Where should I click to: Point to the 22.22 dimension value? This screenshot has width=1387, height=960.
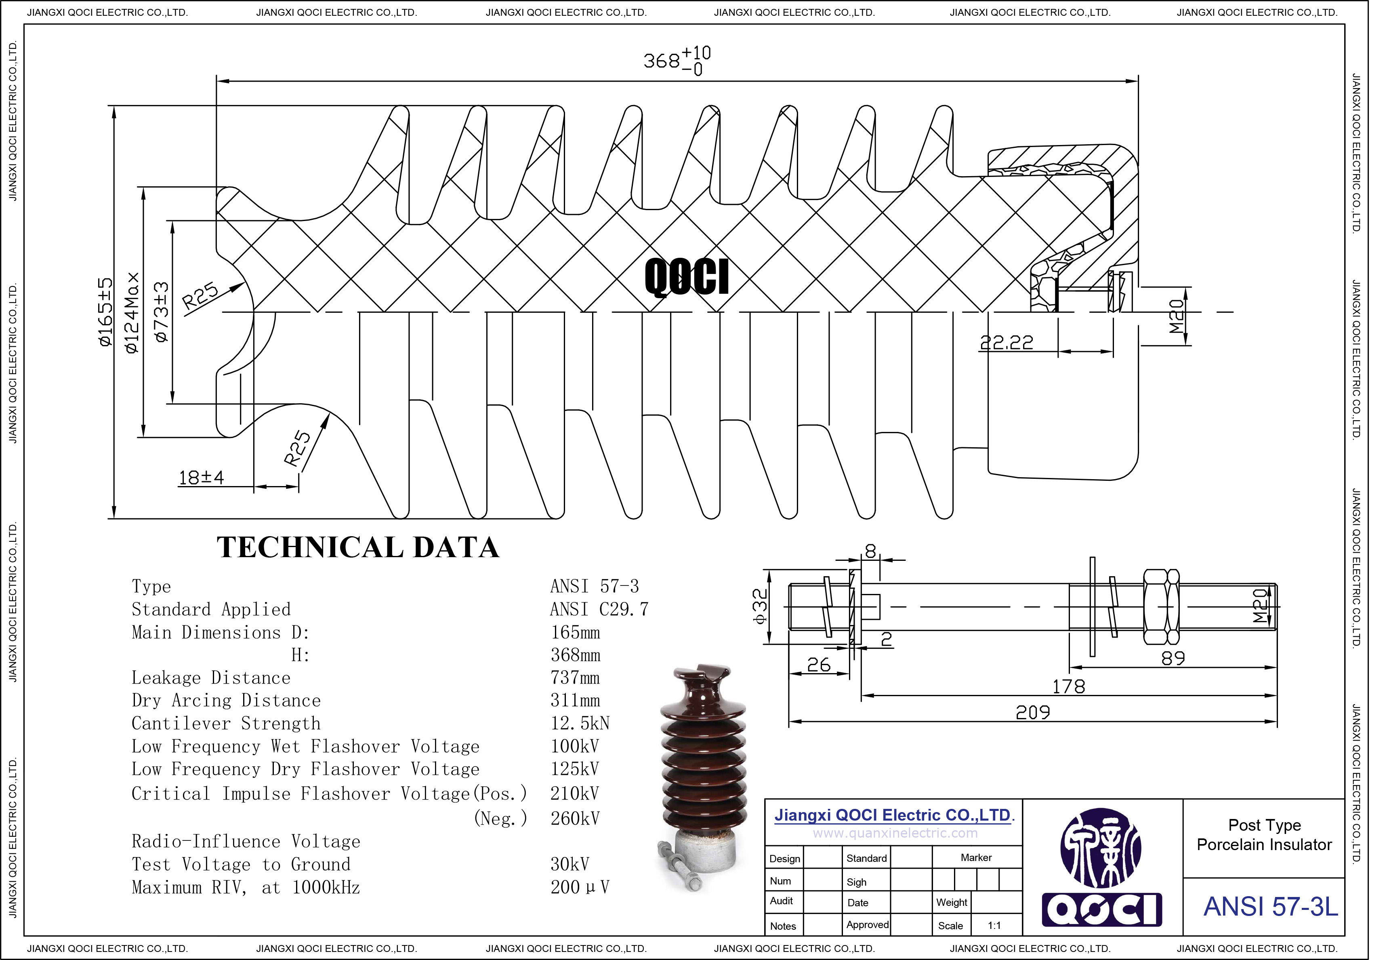pyautogui.click(x=1007, y=342)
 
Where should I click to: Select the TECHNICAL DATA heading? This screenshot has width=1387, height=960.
pyautogui.click(x=358, y=547)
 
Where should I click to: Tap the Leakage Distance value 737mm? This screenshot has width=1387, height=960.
pyautogui.click(x=575, y=678)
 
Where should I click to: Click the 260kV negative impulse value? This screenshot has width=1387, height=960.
pyautogui.click(x=575, y=818)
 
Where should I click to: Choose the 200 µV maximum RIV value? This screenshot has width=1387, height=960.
pyautogui.click(x=580, y=887)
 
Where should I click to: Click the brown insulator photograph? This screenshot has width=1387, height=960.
pyautogui.click(x=703, y=776)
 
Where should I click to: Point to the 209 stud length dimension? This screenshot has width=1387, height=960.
pyautogui.click(x=1032, y=713)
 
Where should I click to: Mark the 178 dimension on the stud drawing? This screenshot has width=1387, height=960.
pyautogui.click(x=1068, y=687)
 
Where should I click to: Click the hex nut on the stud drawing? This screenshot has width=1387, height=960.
pyautogui.click(x=1160, y=606)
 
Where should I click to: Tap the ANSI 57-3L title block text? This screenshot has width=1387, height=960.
pyautogui.click(x=1270, y=907)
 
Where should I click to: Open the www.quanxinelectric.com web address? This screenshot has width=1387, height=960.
pyautogui.click(x=895, y=833)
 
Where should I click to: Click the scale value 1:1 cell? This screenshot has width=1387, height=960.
pyautogui.click(x=994, y=926)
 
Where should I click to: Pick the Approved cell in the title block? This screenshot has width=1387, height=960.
pyautogui.click(x=867, y=924)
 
